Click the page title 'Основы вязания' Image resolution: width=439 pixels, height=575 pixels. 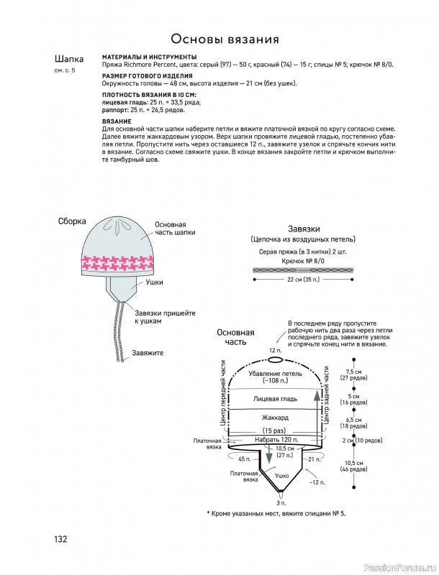225,39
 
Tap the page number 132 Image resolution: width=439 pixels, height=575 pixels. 61,539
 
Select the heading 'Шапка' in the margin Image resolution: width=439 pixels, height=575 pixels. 69,59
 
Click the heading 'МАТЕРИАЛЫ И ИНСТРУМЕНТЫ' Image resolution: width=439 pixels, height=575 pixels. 149,57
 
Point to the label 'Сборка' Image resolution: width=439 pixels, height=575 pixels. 72,221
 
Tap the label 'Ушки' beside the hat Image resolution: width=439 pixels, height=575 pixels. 155,282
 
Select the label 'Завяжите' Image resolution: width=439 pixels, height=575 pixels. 148,353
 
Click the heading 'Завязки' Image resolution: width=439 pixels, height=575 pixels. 304,229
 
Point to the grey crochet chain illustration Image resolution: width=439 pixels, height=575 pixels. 303,270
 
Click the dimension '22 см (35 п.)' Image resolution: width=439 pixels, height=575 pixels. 303,280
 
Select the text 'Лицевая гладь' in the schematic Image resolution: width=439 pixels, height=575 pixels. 276,399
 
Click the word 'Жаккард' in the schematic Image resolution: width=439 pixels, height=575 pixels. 276,418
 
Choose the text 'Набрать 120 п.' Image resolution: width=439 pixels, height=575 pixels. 276,439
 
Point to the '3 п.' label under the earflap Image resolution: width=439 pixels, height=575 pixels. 281,502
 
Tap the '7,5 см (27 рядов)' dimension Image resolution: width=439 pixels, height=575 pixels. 353,374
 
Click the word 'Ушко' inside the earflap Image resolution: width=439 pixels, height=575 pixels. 282,476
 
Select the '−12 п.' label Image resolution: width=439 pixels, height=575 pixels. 317,482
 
